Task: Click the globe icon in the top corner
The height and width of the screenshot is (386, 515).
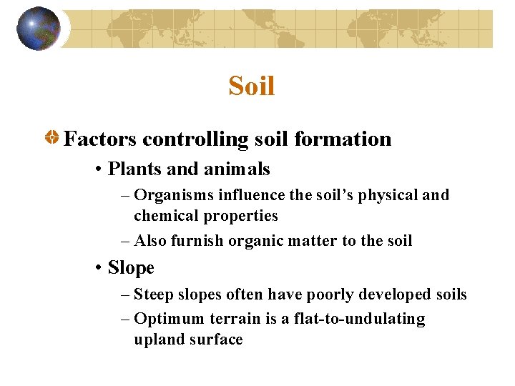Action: click(x=39, y=29)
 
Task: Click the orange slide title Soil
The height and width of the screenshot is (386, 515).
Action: click(x=252, y=86)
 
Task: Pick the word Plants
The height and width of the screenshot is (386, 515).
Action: click(x=132, y=169)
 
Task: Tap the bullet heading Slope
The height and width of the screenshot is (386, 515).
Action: click(x=131, y=268)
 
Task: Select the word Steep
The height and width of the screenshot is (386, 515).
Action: click(x=153, y=295)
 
